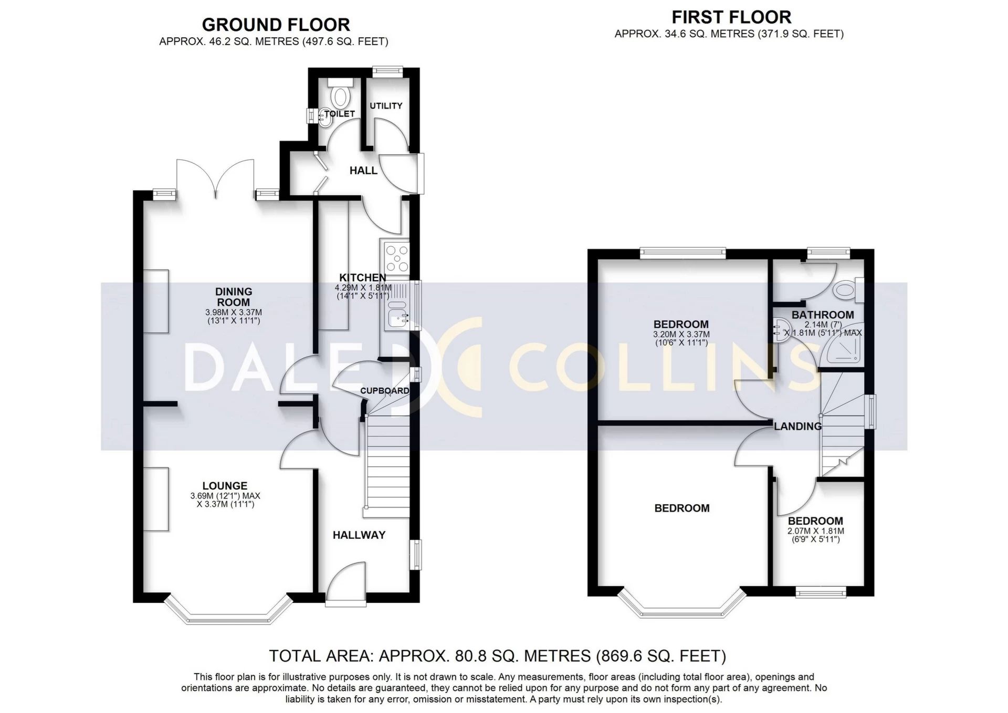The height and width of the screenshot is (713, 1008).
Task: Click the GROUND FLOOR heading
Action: pyautogui.click(x=276, y=25)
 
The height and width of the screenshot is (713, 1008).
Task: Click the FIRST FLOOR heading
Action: pyautogui.click(x=731, y=17)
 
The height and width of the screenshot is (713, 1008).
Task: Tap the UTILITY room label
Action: pyautogui.click(x=386, y=106)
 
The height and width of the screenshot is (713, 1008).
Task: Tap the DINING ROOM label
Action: pyautogui.click(x=234, y=297)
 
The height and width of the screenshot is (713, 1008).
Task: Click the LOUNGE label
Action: pyautogui.click(x=225, y=486)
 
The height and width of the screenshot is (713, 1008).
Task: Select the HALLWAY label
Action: pyautogui.click(x=359, y=535)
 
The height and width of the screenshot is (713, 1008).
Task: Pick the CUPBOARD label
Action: pyautogui.click(x=384, y=391)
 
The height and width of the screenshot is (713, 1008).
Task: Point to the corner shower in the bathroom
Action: pyautogui.click(x=845, y=347)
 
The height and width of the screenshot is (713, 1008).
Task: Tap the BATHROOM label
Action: pyautogui.click(x=823, y=315)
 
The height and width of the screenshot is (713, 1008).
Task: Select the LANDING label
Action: pyautogui.click(x=798, y=426)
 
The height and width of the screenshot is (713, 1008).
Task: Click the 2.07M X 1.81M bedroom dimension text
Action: pyautogui.click(x=815, y=531)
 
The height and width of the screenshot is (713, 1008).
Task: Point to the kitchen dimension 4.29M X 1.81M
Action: pyautogui.click(x=363, y=288)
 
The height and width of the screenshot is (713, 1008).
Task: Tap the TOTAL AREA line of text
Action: pyautogui.click(x=497, y=656)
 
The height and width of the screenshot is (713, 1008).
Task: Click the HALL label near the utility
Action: pyautogui.click(x=363, y=171)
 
